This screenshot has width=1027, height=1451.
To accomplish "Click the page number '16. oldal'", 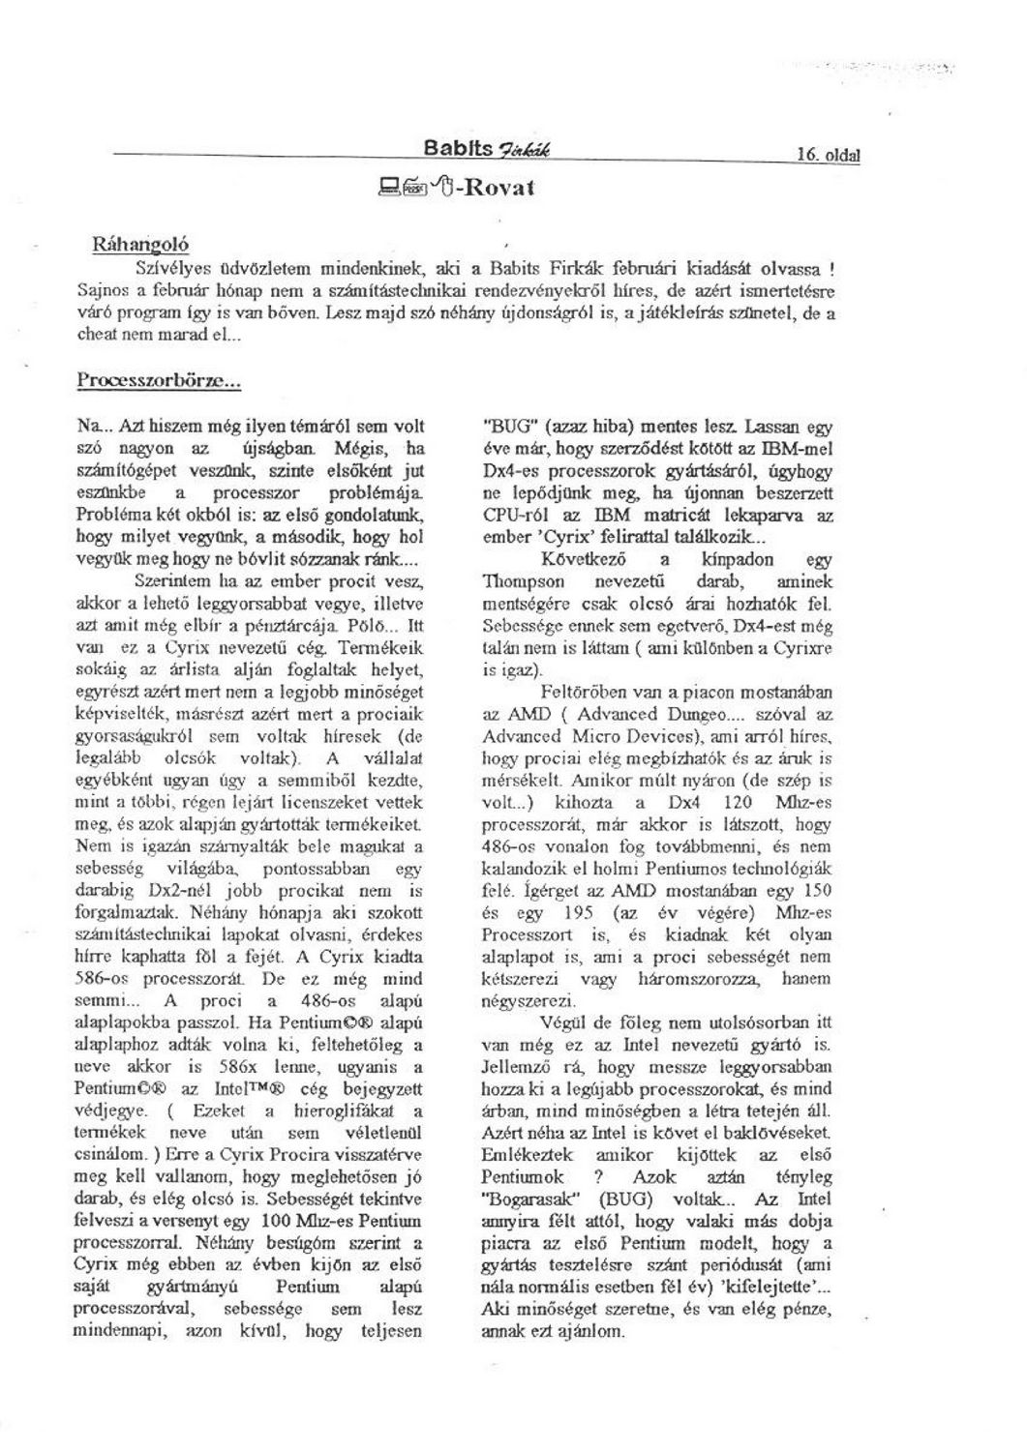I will [829, 154].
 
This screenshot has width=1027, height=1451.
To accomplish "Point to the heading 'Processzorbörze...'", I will [159, 380].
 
